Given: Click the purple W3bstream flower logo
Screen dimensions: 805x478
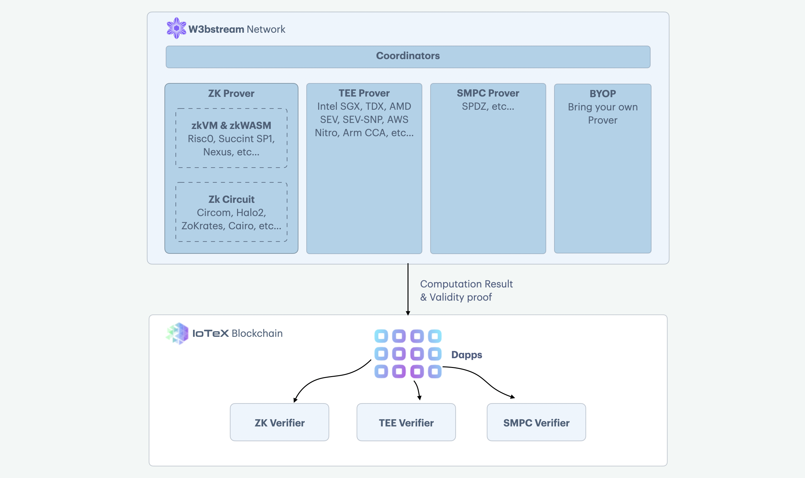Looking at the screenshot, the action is click(x=176, y=28).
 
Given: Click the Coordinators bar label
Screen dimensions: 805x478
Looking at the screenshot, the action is click(x=408, y=56).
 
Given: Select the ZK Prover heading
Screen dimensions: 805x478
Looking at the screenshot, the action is click(x=231, y=93).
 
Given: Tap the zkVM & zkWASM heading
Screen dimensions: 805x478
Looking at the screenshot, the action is click(x=231, y=125).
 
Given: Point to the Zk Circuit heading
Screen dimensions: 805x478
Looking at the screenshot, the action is click(x=231, y=199).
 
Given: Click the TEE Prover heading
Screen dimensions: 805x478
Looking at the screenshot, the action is click(x=364, y=93).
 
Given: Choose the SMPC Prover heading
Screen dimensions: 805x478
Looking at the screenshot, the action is click(x=488, y=93).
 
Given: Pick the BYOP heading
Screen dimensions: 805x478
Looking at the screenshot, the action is click(x=602, y=94).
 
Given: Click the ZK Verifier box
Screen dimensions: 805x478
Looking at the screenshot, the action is click(x=280, y=422).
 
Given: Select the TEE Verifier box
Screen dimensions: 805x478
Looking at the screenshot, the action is click(x=406, y=422).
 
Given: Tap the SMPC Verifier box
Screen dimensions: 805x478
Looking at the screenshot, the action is click(x=536, y=422).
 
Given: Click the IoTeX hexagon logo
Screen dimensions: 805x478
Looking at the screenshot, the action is click(x=177, y=333).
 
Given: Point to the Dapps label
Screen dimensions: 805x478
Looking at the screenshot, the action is click(x=467, y=355).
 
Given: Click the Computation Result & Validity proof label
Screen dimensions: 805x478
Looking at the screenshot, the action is click(x=466, y=291).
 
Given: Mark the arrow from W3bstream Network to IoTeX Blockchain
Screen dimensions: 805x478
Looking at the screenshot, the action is click(x=408, y=289).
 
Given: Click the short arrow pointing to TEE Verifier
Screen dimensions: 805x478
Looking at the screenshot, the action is click(x=418, y=390).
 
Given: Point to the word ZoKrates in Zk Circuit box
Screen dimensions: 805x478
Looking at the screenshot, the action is click(x=203, y=226).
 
